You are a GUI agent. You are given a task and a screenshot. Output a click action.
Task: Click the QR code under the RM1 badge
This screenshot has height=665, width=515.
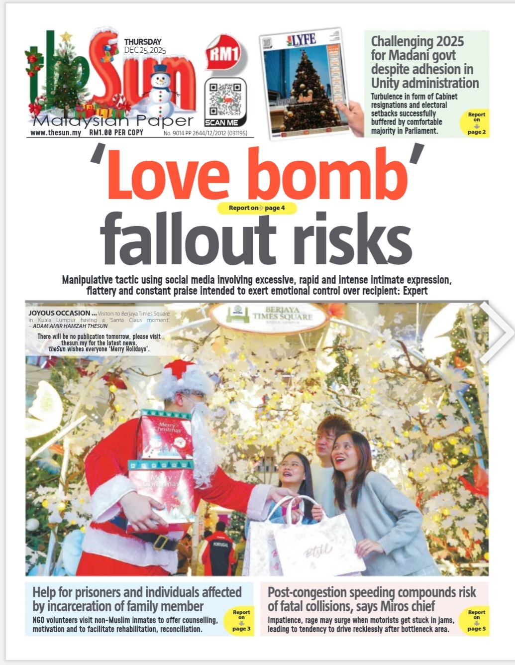point(225,99)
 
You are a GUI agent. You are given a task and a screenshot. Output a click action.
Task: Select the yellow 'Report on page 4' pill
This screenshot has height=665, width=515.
point(257,208)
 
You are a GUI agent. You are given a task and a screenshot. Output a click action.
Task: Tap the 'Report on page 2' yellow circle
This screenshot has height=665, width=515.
point(476,123)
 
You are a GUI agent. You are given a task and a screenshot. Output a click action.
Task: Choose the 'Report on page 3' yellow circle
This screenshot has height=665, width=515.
point(241,620)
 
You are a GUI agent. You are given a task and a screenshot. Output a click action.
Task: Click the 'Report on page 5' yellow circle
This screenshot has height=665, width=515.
point(476,620)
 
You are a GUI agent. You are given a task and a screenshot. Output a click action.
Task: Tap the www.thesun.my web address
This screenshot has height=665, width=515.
point(55,133)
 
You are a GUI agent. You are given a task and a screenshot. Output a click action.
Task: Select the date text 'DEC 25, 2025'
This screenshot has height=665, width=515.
point(145,50)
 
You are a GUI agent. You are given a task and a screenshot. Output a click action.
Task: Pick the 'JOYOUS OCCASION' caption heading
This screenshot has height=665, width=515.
point(59,313)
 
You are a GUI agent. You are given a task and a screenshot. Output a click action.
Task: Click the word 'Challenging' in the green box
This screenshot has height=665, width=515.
point(402,41)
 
